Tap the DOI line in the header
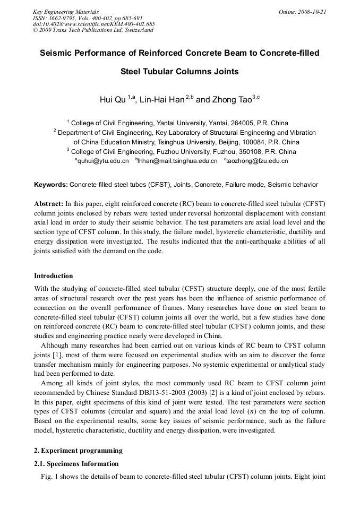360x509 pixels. point(93,24)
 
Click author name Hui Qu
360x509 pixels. point(113,100)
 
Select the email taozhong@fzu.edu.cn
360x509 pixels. point(257,161)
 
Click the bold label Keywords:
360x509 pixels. point(51,185)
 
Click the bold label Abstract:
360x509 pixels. point(49,204)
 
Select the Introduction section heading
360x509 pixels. point(54,276)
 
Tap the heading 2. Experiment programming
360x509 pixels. point(78,451)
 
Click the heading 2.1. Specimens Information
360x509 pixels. point(76,464)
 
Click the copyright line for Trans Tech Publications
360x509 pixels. point(93,30)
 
